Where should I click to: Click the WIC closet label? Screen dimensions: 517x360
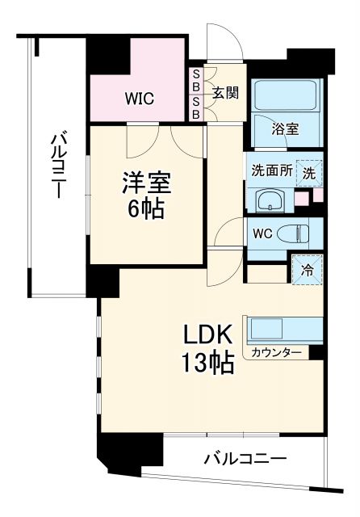pos(139,99)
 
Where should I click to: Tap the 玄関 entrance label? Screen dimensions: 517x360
pos(225,92)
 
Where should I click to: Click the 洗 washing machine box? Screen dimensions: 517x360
pos(310,170)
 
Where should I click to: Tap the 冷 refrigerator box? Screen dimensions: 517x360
pos(308,268)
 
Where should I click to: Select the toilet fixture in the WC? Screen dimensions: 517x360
pos(294,234)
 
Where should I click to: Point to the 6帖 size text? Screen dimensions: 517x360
pos(145,209)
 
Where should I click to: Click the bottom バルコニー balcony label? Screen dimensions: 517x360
pos(245,459)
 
